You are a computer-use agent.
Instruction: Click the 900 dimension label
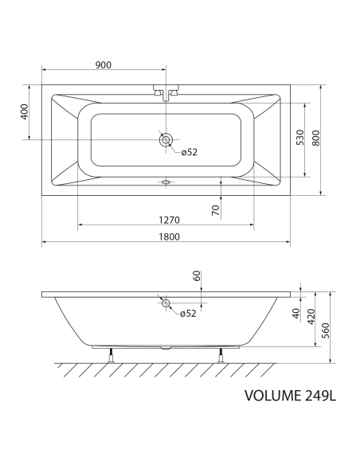pyautogui.click(x=102, y=64)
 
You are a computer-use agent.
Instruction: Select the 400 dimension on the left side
pyautogui.click(x=25, y=112)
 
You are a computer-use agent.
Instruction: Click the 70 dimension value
pyautogui.click(x=215, y=211)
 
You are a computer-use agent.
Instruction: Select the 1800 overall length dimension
pyautogui.click(x=166, y=236)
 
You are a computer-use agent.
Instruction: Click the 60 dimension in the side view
pyautogui.click(x=197, y=275)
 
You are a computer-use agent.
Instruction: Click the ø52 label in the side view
pyautogui.click(x=188, y=314)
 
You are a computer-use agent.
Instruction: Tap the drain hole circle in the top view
pyautogui.click(x=166, y=140)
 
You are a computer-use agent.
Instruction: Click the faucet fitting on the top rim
pyautogui.click(x=166, y=92)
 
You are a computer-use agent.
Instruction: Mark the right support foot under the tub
pyautogui.click(x=221, y=354)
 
